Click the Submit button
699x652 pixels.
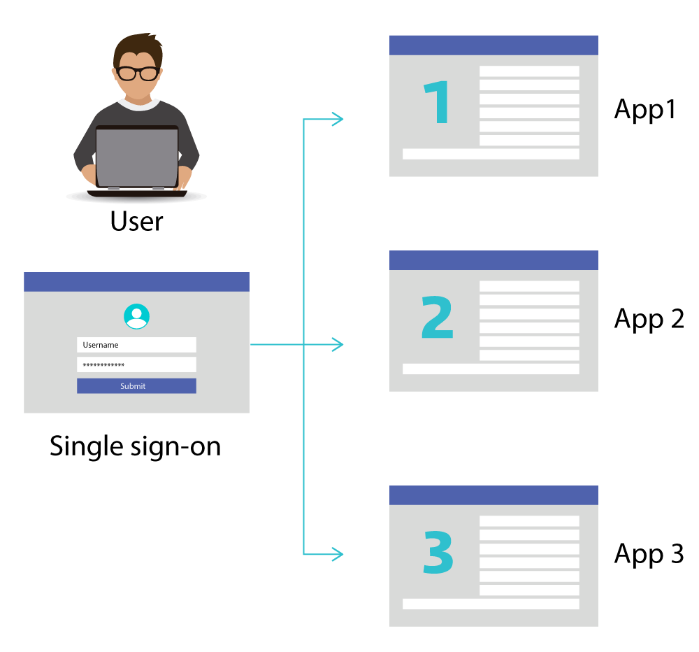pyautogui.click(x=136, y=386)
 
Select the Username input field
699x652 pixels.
pyautogui.click(x=136, y=345)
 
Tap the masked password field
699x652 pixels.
pyautogui.click(x=136, y=364)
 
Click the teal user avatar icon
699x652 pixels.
pyautogui.click(x=136, y=316)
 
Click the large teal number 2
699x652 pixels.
pyautogui.click(x=438, y=317)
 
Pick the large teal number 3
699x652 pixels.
pyautogui.click(x=438, y=552)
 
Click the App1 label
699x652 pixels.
pyautogui.click(x=644, y=110)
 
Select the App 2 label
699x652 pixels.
pyautogui.click(x=649, y=320)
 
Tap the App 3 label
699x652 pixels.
pyautogui.click(x=649, y=554)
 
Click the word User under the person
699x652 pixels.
pyautogui.click(x=137, y=221)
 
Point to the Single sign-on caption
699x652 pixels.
pyautogui.click(x=135, y=446)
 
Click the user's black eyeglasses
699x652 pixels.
pyautogui.click(x=137, y=73)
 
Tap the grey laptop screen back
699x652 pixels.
pyautogui.click(x=137, y=157)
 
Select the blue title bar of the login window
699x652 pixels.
pyautogui.click(x=136, y=282)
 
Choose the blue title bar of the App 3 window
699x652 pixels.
pyautogui.click(x=493, y=495)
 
